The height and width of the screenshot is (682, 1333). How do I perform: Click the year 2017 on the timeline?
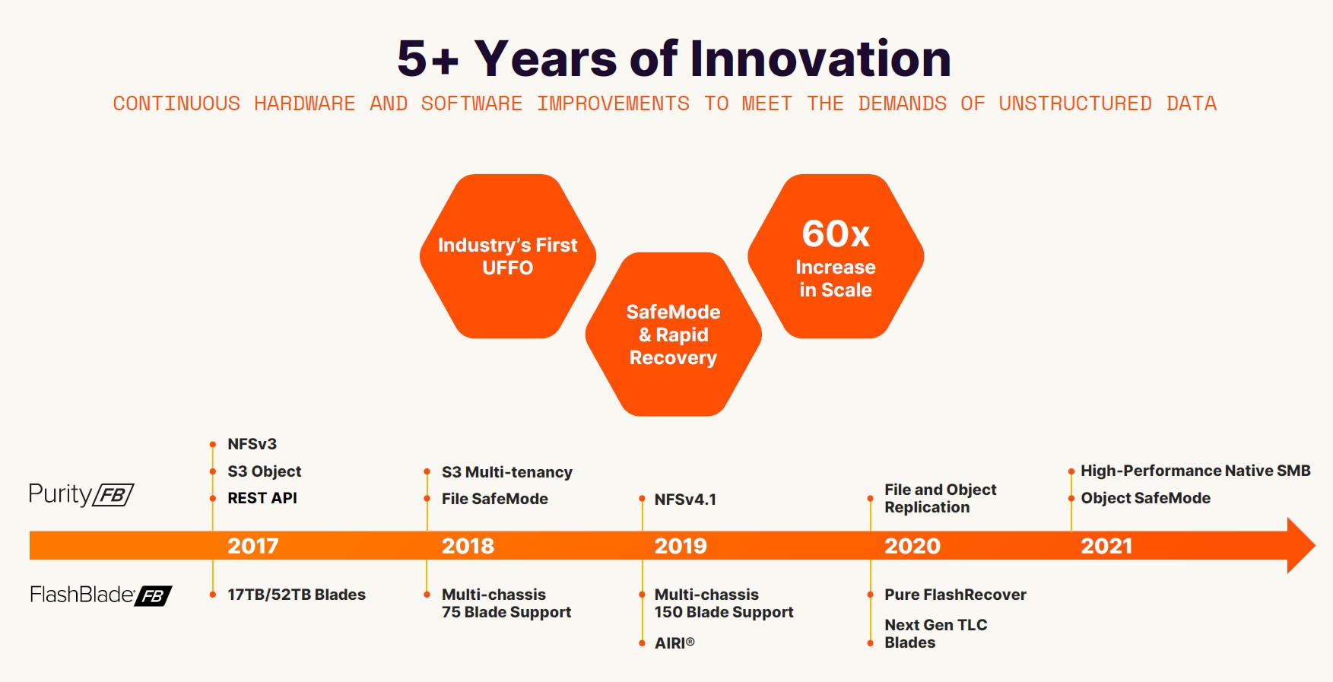253,546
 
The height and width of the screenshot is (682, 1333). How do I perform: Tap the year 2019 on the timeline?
681,546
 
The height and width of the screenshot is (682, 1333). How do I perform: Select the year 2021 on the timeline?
1106,546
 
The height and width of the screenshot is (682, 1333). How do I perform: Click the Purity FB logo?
81,494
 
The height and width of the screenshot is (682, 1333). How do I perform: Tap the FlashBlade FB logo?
101,595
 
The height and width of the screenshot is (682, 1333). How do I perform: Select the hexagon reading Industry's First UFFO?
508,256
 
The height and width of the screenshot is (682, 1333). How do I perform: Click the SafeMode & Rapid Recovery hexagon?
674,335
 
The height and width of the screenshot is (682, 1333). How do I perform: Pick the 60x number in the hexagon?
836,233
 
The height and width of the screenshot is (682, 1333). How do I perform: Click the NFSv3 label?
252,444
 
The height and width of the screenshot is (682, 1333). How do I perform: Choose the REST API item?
262,498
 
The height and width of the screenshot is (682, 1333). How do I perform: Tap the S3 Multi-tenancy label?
507,472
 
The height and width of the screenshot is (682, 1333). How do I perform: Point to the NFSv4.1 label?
685,500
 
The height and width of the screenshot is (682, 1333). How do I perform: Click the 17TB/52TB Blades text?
297,595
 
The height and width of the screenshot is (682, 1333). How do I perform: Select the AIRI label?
674,643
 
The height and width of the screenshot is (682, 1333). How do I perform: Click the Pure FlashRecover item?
955,595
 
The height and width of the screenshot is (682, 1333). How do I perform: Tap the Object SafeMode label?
1145,498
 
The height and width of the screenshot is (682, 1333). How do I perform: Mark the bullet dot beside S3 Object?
213,472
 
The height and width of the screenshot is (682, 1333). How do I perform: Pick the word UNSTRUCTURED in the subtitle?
1075,103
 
